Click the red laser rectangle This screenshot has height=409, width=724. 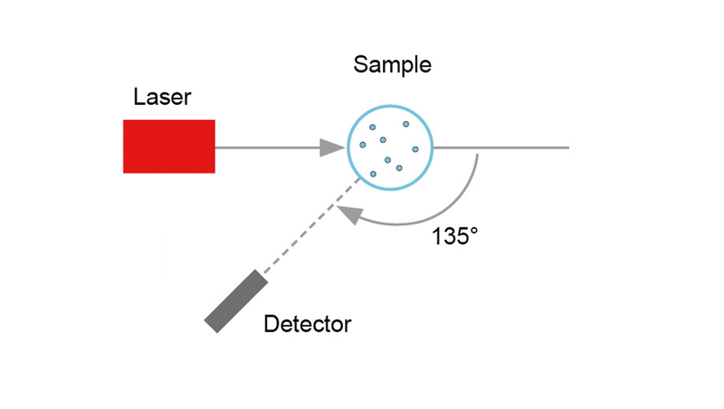click(169, 146)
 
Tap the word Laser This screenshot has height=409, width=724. click(162, 97)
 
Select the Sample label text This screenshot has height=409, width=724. click(392, 65)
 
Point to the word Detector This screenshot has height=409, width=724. click(308, 323)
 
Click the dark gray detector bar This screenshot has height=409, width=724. click(236, 302)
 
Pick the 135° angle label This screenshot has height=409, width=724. click(454, 237)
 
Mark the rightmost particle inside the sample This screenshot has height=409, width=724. click(416, 149)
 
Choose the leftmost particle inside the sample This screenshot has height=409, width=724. click(363, 145)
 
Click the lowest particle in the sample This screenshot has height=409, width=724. click(373, 173)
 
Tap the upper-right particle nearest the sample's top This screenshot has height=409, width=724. click(406, 124)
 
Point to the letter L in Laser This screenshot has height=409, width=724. click(138, 97)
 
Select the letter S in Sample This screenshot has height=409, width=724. click(360, 65)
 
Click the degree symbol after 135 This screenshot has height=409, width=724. click(472, 232)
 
